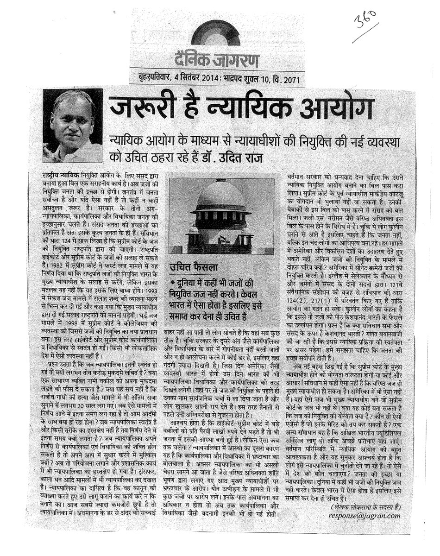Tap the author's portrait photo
click(72, 126)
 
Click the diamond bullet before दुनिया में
click(172, 282)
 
